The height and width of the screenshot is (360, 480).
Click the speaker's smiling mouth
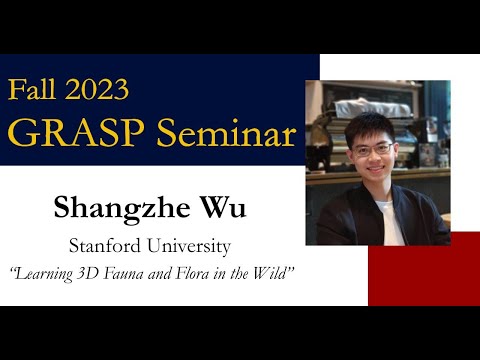(x=371, y=173)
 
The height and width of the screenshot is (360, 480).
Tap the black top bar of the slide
(x=240, y=25)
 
